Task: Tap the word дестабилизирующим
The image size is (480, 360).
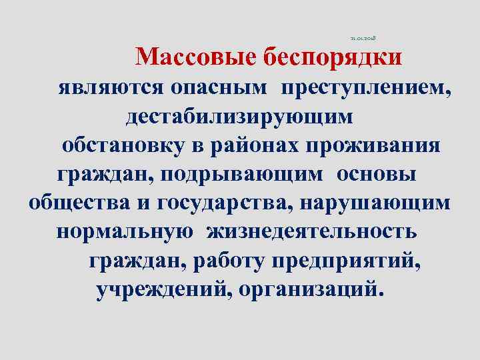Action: pyautogui.click(x=240, y=117)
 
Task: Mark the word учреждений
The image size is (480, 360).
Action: pyautogui.click(x=163, y=290)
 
